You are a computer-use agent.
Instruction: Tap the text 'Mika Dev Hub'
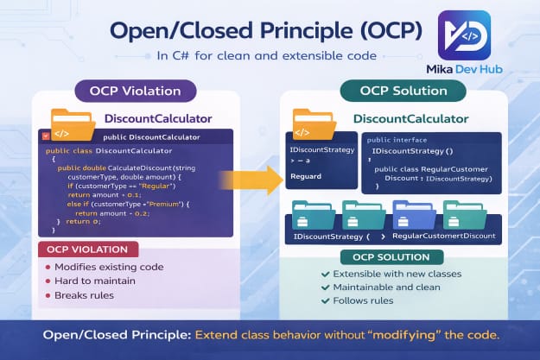(x=465, y=68)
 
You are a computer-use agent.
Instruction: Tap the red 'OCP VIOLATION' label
(x=89, y=249)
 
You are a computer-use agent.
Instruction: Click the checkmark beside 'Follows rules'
(x=325, y=300)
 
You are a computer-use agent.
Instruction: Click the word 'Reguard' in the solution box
(x=307, y=176)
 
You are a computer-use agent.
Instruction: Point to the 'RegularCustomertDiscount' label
(x=443, y=235)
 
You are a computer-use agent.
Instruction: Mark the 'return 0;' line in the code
(x=84, y=221)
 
